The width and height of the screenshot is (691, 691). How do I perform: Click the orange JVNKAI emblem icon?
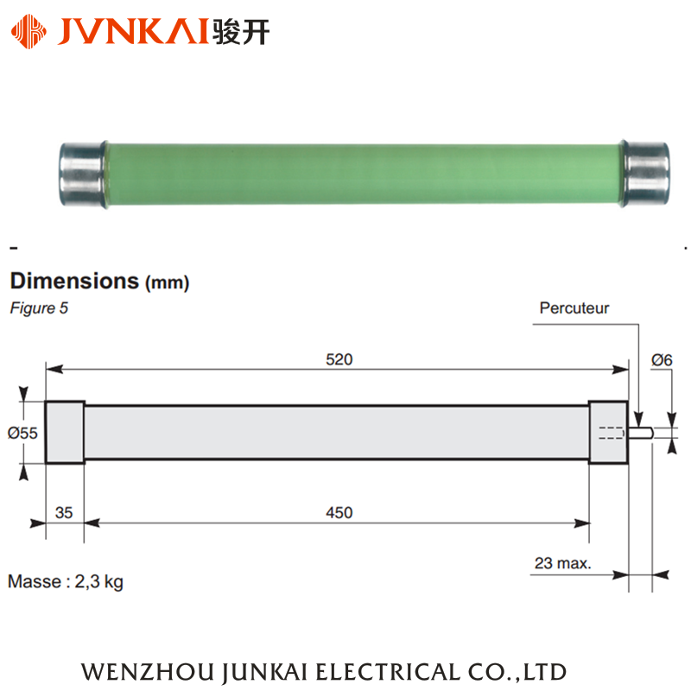pyautogui.click(x=29, y=31)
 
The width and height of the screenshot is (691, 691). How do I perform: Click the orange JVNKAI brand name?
pyautogui.click(x=133, y=31)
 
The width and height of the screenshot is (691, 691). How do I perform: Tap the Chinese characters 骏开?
pyautogui.click(x=241, y=32)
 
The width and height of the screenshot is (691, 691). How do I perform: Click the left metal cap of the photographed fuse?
pyautogui.click(x=83, y=174)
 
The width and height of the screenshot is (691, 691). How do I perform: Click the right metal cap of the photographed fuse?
pyautogui.click(x=644, y=174)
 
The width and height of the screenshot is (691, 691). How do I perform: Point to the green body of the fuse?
pyautogui.click(x=364, y=174)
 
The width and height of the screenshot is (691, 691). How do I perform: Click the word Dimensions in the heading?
pyautogui.click(x=74, y=281)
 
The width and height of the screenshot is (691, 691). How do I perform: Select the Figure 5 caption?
pyautogui.click(x=39, y=308)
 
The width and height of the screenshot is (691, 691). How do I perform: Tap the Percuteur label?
pyautogui.click(x=574, y=308)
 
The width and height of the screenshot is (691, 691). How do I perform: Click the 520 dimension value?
pyautogui.click(x=339, y=359)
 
